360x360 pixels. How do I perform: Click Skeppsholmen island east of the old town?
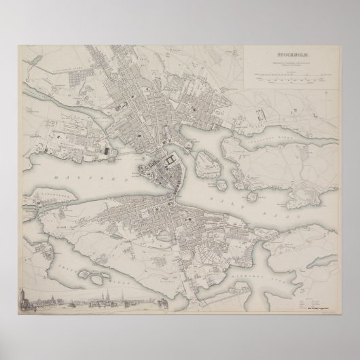click(x=204, y=162)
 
